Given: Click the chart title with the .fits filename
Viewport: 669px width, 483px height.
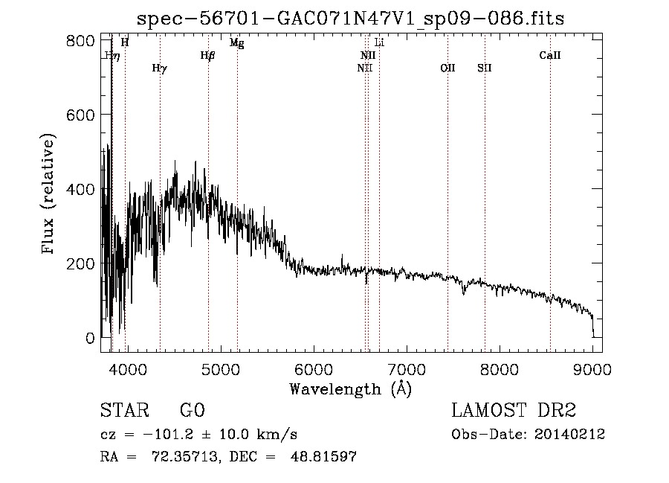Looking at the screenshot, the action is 350,19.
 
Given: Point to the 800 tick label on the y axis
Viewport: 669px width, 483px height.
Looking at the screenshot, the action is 80,41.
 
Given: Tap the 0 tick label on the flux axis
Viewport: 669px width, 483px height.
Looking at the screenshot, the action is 90,338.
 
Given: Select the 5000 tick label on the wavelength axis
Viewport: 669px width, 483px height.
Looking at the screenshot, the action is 221,369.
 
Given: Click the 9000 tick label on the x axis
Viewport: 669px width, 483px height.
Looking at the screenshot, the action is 592,369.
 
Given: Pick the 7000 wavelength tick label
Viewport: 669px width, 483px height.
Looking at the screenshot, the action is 407,369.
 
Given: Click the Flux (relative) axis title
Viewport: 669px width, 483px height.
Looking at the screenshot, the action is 48,194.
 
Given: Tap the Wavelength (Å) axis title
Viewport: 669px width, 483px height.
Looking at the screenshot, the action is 351,389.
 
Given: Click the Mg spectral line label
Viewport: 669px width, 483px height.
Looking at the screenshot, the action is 237,42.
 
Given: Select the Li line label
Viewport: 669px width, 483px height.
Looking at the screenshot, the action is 379,42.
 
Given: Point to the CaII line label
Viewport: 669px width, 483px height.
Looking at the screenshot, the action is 550,55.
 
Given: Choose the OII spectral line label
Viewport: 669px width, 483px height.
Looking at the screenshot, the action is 448,68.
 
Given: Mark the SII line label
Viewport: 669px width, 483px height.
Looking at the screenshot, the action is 485,68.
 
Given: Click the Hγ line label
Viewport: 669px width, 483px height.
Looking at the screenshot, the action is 160,68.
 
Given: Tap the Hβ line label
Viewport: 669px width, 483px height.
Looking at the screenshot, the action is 208,56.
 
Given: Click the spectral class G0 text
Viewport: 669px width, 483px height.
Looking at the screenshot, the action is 193,410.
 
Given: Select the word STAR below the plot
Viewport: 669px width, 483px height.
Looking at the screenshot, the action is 125,410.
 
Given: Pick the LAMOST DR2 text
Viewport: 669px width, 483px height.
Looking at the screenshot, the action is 514,410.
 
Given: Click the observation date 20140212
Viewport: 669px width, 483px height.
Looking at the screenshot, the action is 569,435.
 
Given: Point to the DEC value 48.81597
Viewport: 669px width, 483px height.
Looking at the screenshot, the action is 323,456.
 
